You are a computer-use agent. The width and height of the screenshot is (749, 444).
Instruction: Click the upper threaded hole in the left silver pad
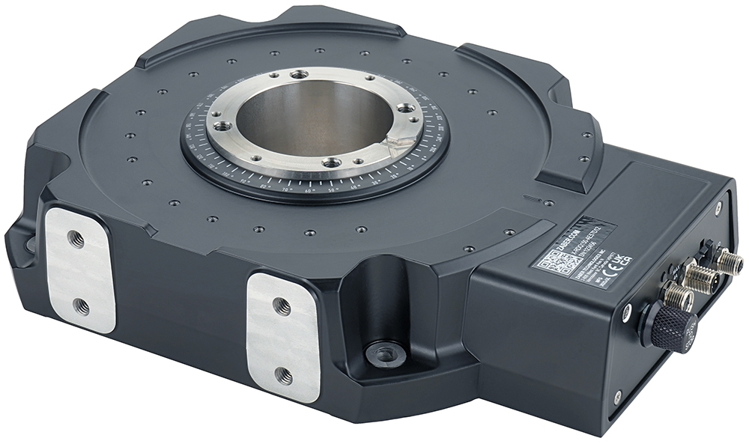point(76,239)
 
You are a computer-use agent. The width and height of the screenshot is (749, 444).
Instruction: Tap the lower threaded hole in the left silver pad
point(82,306)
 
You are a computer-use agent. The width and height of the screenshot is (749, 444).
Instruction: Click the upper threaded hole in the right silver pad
point(282,305)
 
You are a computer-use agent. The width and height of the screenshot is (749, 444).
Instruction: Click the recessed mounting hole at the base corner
point(384,352)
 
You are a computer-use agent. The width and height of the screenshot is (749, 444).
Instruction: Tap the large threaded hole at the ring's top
point(299,75)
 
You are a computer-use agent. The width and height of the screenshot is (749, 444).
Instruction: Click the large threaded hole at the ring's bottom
point(331,162)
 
